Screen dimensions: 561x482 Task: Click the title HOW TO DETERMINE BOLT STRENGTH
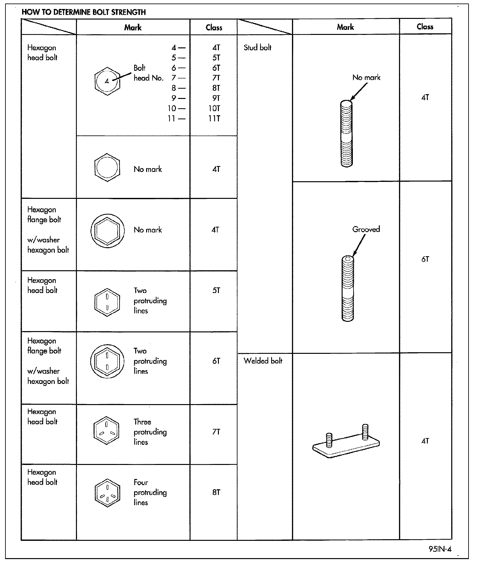(84, 12)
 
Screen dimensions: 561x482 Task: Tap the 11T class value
(214, 118)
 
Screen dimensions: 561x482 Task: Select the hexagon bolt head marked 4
(107, 81)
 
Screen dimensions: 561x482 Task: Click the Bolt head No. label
(148, 73)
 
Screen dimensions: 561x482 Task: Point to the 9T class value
(216, 98)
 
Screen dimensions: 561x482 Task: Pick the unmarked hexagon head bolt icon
(107, 167)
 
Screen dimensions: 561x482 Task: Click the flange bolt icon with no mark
(107, 231)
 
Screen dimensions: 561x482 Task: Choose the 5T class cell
(216, 290)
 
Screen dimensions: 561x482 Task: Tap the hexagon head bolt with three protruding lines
(106, 430)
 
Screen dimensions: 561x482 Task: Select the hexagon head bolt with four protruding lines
(107, 493)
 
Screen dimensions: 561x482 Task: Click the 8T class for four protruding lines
(216, 492)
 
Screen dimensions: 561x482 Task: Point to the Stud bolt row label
(257, 48)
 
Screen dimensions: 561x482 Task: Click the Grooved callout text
(366, 229)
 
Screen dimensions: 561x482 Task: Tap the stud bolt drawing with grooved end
(348, 288)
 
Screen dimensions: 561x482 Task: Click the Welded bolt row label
(263, 361)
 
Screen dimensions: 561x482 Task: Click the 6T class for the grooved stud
(425, 259)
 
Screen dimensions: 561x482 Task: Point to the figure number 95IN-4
(440, 549)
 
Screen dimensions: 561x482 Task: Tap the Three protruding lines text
(150, 432)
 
